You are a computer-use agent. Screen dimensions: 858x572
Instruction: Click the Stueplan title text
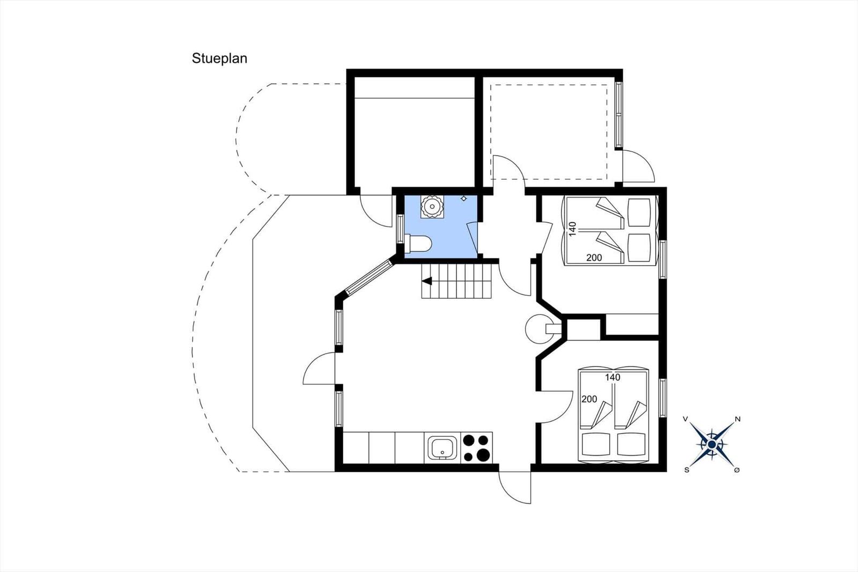(219, 58)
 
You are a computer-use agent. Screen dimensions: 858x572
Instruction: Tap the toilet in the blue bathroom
(418, 244)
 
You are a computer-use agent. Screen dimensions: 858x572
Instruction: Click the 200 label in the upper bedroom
(594, 258)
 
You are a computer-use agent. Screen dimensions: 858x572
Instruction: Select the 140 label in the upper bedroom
(572, 229)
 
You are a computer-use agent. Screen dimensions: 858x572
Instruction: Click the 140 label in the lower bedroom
(612, 377)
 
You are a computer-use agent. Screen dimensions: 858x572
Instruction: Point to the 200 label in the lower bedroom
(589, 399)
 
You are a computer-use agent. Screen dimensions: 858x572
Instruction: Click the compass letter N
(737, 420)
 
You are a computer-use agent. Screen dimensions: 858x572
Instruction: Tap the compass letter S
(687, 470)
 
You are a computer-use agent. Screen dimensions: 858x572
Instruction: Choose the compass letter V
(685, 420)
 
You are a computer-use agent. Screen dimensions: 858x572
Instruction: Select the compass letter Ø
(737, 470)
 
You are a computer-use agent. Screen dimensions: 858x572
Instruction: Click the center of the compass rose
(712, 444)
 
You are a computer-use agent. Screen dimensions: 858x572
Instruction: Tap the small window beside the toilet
(401, 229)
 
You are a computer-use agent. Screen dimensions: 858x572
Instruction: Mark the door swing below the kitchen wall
(515, 487)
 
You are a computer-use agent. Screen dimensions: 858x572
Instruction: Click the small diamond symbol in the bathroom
(464, 198)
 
